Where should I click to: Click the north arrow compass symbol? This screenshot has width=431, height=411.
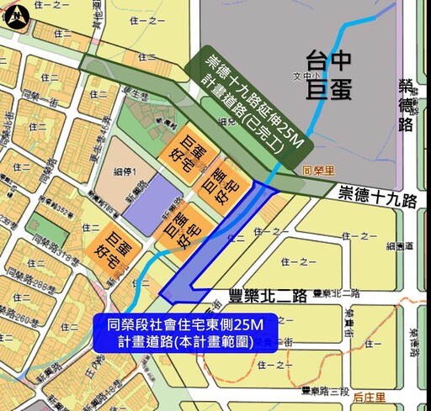click(x=17, y=15)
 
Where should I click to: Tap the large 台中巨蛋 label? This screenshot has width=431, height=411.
click(x=327, y=73)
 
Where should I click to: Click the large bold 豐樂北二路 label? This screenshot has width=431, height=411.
click(x=267, y=297)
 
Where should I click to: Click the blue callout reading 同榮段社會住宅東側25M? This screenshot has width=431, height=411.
click(x=185, y=331)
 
